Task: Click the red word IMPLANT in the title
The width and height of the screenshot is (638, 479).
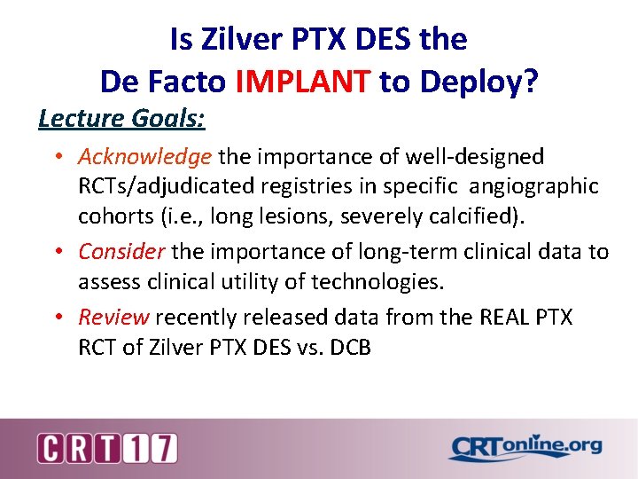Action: point(303,82)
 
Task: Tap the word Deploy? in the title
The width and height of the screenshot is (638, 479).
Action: point(482,82)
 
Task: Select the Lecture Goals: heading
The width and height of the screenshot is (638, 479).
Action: point(121,117)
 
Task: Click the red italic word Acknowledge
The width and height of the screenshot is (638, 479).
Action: point(144,157)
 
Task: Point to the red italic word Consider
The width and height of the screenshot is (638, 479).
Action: point(121,252)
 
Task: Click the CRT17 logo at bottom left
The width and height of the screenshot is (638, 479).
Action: point(107,448)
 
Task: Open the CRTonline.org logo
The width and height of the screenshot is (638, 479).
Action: point(525,448)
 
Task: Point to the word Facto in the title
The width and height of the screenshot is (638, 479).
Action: point(185,82)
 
